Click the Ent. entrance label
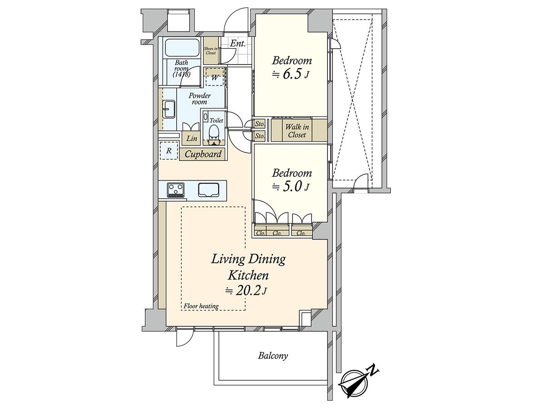coord(238,44)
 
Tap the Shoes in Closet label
coord(211,50)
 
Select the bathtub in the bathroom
coord(182,48)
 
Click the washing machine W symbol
coord(215,77)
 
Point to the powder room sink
coord(169,110)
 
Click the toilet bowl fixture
coord(213,132)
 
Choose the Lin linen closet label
coord(192,138)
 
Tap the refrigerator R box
coord(169,150)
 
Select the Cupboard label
coord(203,154)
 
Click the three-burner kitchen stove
coord(176,191)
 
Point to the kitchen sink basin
coord(208,190)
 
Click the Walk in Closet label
coord(297,131)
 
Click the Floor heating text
coord(201,306)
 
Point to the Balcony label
coord(273,356)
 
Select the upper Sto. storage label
coord(260,124)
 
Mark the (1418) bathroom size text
coord(181,74)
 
